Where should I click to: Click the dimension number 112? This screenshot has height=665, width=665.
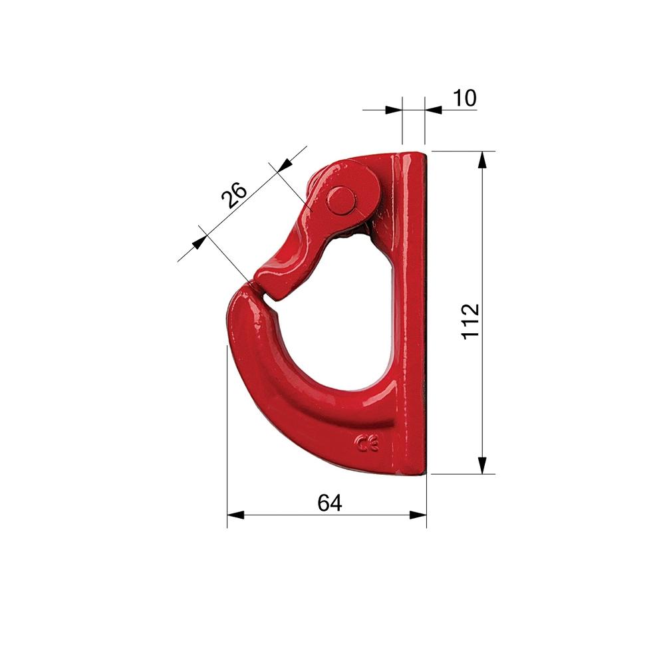coord(470,321)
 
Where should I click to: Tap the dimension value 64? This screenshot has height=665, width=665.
coord(330,503)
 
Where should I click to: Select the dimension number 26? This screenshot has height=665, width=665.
coord(233,195)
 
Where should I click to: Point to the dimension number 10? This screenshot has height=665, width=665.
coord(465,98)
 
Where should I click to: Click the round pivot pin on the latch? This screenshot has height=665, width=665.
coord(340,201)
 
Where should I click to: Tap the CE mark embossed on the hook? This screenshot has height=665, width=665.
coord(367,444)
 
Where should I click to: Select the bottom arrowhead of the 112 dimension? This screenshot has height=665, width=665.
coord(482,465)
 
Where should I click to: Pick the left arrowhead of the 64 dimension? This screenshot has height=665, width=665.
coord(236,515)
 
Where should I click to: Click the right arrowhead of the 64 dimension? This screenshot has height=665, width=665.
coord(418,515)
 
